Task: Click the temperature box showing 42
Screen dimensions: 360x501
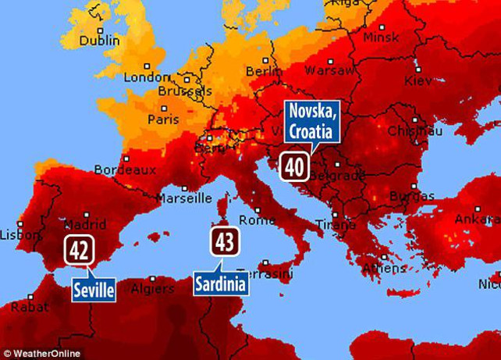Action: (78, 251)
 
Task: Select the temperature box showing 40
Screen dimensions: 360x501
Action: (294, 166)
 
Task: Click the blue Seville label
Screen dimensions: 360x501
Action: (94, 290)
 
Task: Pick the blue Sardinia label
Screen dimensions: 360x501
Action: (222, 283)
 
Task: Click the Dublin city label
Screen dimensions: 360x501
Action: (99, 40)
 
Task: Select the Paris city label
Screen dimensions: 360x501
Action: (163, 120)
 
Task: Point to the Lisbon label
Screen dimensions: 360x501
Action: (14, 234)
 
